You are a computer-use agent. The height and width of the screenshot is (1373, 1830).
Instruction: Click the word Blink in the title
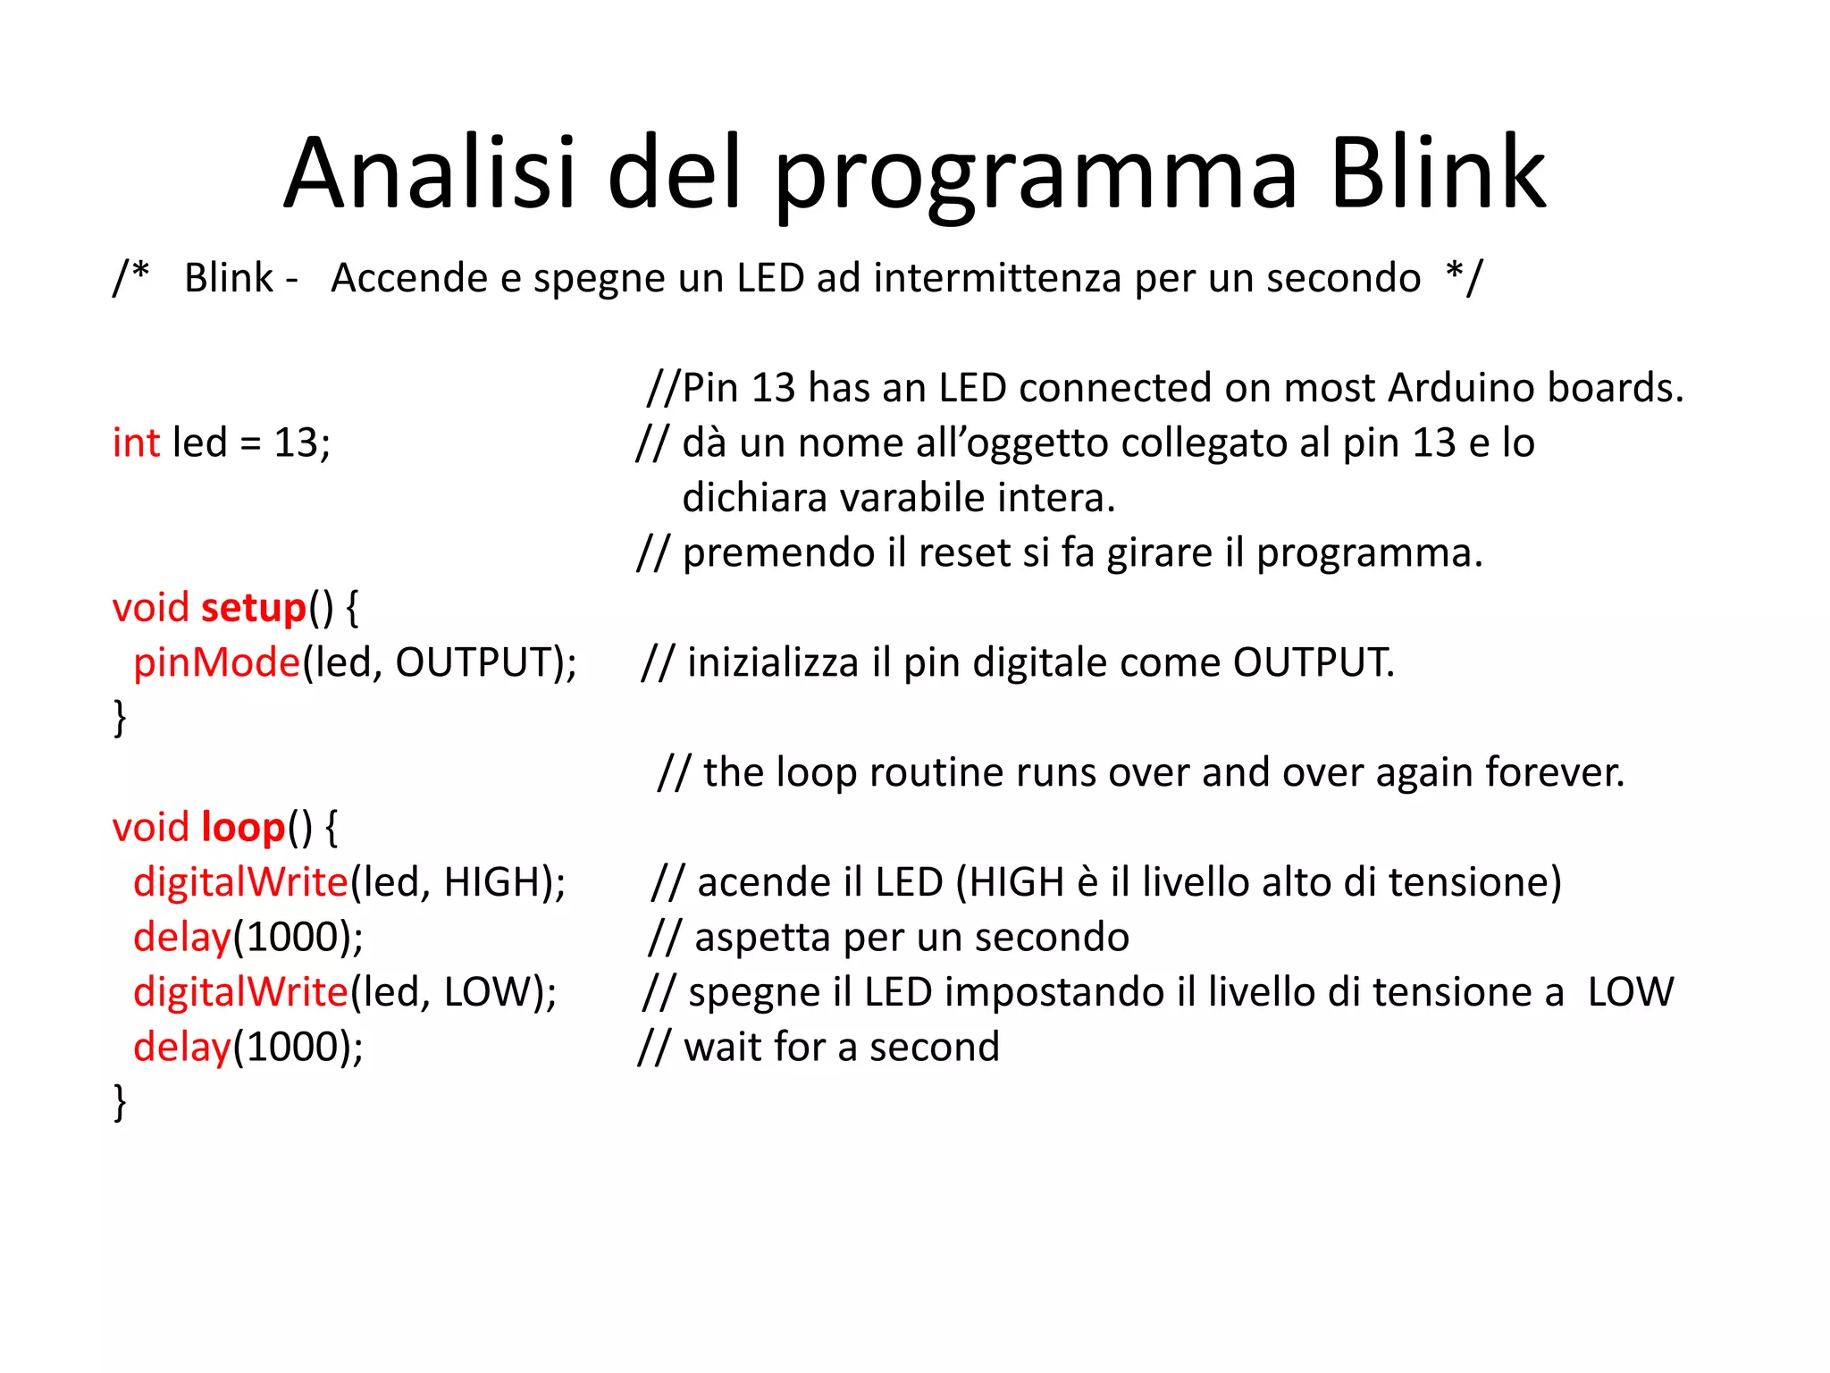point(1437,173)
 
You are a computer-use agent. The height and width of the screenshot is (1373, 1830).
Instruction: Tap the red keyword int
point(136,442)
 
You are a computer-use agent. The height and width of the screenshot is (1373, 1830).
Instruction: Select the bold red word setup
point(254,608)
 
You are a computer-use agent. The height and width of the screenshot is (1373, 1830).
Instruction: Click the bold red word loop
point(243,828)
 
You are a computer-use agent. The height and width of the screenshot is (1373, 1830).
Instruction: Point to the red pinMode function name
point(217,663)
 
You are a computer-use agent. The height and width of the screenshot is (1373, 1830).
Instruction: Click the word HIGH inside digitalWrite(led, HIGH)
point(490,883)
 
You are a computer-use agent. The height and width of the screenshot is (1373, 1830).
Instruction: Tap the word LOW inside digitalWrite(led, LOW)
point(487,992)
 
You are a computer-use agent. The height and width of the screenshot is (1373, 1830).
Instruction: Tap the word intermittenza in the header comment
point(996,278)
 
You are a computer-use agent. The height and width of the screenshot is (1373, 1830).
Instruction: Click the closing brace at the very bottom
point(120,1102)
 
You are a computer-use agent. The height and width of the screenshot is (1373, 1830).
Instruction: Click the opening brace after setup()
point(352,608)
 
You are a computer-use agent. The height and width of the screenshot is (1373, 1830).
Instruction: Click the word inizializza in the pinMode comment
point(773,663)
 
